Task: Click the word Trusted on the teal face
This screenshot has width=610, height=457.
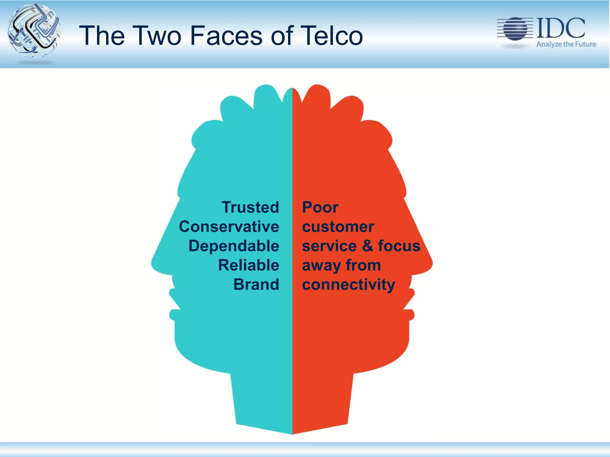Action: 250,207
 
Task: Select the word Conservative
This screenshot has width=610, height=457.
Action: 229,227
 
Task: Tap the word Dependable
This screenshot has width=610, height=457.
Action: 234,246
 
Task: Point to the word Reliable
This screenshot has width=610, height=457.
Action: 249,265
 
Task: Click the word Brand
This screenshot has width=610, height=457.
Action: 256,284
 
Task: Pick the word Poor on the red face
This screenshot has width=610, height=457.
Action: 320,207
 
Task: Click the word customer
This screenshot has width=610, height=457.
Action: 338,227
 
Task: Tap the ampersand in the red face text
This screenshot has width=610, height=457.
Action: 368,246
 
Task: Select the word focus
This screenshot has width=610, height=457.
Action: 399,246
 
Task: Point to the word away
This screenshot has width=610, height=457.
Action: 322,266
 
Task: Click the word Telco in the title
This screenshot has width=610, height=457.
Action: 332,36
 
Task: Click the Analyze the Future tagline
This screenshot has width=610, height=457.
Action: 566,44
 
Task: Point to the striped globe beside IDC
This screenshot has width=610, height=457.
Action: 515,29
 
